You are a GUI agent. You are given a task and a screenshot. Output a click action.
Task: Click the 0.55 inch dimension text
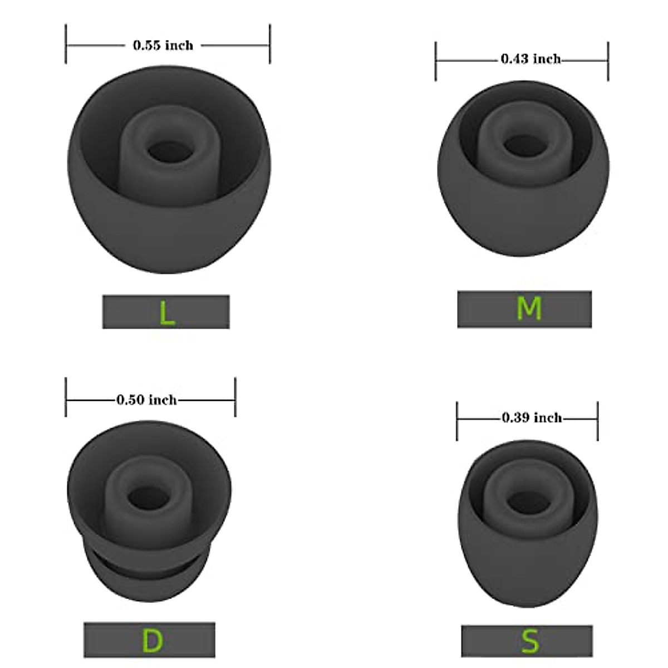(163, 45)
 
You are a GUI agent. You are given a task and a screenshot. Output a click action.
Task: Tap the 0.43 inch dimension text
(531, 58)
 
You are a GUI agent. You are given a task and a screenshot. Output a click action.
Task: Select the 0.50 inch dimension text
(146, 400)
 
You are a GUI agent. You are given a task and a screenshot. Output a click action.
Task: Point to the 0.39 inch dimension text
(532, 417)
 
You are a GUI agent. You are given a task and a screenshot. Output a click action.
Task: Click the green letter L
(166, 313)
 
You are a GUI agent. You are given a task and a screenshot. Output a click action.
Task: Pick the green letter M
(528, 308)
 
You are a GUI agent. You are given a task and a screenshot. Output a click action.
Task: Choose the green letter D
(151, 641)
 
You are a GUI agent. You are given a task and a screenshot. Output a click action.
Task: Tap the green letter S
(530, 641)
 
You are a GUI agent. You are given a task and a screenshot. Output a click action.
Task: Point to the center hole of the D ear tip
(148, 495)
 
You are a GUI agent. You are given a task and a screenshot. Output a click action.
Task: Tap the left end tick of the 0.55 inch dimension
(66, 44)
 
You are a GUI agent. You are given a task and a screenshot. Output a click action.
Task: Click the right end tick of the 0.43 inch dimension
(608, 61)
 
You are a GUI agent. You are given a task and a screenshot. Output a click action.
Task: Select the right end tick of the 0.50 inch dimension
(235, 397)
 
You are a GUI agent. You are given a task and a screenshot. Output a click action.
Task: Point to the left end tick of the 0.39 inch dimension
(457, 421)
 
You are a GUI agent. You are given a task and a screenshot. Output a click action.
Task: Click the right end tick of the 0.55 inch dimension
(270, 44)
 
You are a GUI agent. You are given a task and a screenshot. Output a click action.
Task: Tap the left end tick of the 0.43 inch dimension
(436, 61)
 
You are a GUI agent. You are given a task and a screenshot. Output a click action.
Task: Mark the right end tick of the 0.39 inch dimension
(598, 421)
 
